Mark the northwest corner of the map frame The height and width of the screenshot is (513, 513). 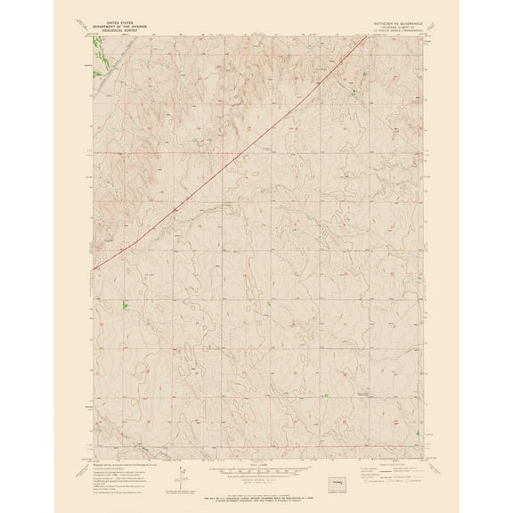tap(93, 37)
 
